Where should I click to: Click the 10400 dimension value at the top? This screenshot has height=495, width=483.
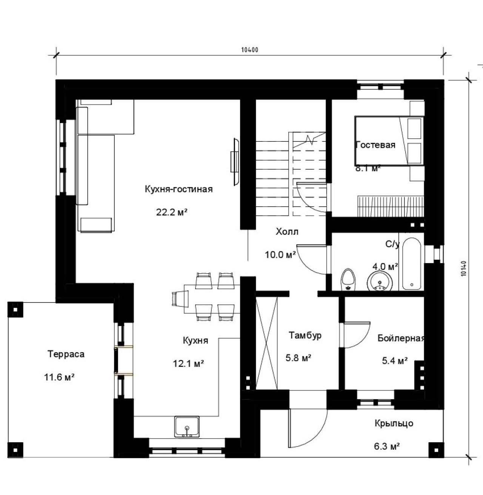coord(249,50)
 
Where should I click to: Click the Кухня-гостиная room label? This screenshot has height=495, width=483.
coord(178,189)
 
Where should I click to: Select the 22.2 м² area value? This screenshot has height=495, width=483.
coord(172,212)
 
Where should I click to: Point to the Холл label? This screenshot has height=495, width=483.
coord(287,231)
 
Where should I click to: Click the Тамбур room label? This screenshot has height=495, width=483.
coord(305,335)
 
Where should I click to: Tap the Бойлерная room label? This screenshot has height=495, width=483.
coord(401,338)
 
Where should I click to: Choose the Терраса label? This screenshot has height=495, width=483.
coord(66,354)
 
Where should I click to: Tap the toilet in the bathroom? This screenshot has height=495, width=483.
coord(348,279)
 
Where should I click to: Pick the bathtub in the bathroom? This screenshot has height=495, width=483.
coord(411,264)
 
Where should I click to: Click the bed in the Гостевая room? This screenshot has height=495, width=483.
coord(389,141)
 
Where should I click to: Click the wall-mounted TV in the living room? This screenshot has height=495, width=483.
coord(235,162)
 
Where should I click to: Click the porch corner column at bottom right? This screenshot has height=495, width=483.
coord(436,450)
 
